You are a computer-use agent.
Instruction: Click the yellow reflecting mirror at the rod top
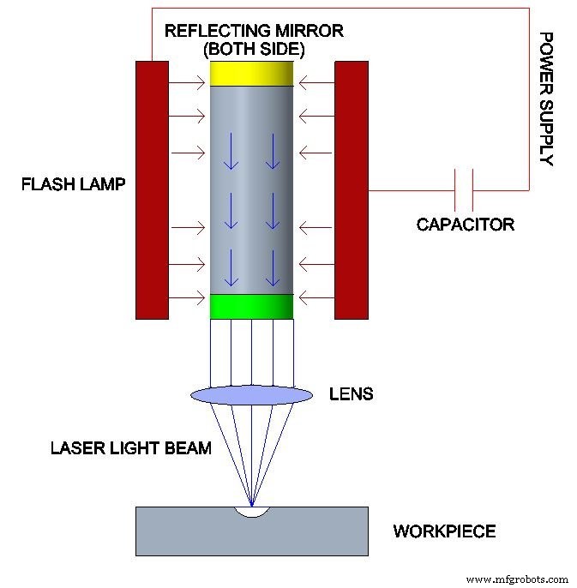coord(252,74)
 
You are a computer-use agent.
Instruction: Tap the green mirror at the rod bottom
coord(252,306)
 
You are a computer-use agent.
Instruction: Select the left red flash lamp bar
coord(152,189)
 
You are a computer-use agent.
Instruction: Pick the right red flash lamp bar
coord(351,189)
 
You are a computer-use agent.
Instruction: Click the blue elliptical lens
coord(252,394)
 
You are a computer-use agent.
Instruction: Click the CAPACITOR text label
coord(465,225)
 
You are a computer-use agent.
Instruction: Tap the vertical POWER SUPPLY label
coord(545,99)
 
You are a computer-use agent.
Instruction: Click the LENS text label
coord(352,394)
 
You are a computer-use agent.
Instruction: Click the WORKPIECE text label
coord(444,531)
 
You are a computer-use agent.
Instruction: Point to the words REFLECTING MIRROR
coord(254,31)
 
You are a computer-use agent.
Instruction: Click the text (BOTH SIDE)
coord(254,50)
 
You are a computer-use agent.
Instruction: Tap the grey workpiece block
coord(197,536)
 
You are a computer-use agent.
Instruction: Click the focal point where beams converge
coord(252,506)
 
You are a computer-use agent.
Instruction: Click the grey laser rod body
coord(252,189)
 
